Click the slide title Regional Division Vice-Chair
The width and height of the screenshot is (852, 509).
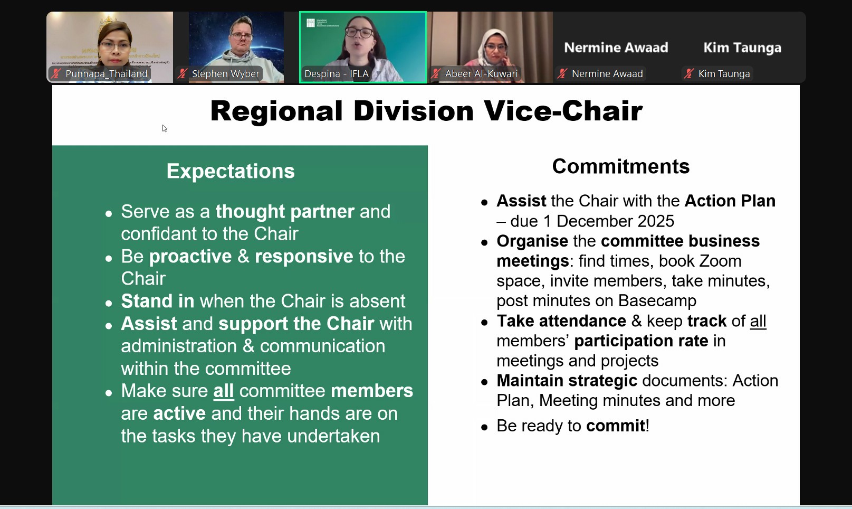click(x=426, y=111)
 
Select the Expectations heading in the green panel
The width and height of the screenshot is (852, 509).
click(x=231, y=171)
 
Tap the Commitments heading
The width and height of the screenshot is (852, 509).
click(x=621, y=166)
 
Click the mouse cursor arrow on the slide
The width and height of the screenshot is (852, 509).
click(x=164, y=128)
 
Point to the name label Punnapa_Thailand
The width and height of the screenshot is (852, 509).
click(x=106, y=73)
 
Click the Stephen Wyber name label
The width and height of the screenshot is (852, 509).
click(x=226, y=73)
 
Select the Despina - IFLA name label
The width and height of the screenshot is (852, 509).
click(x=337, y=73)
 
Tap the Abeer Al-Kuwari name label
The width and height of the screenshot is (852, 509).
click(x=481, y=73)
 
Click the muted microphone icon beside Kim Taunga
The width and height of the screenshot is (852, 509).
click(x=689, y=73)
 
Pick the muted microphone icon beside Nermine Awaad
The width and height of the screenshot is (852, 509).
click(x=562, y=73)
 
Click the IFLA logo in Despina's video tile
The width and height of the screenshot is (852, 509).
click(x=311, y=23)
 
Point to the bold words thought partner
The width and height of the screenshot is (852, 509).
click(x=285, y=211)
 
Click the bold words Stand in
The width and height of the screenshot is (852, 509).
click(x=157, y=301)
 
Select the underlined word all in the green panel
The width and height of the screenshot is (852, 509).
click(x=224, y=391)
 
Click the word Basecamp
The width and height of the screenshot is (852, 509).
click(x=657, y=301)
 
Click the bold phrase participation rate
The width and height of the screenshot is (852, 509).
click(x=642, y=341)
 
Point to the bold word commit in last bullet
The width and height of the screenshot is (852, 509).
click(x=616, y=426)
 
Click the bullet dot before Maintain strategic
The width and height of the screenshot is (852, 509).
click(x=484, y=382)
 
